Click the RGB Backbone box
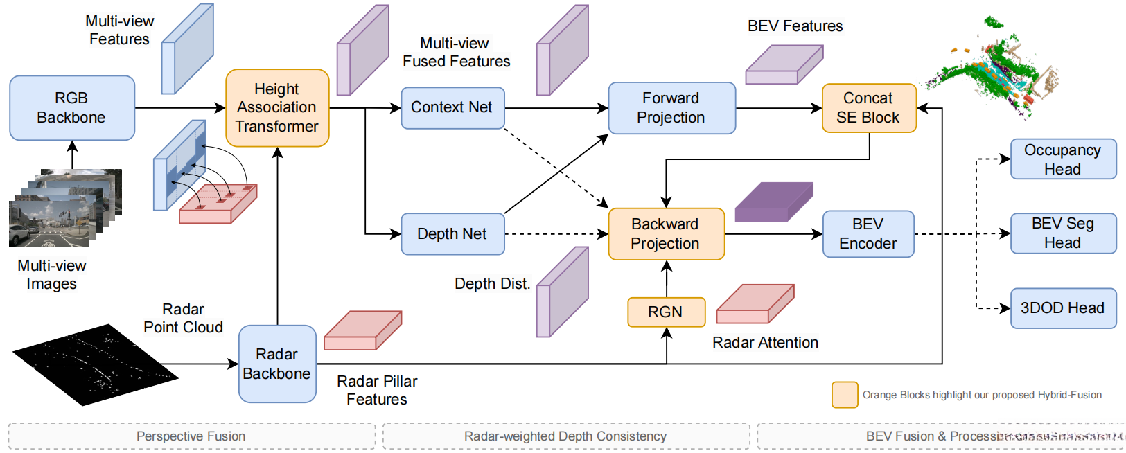tap(71, 108)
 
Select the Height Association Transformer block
tap(277, 108)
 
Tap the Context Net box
tap(452, 108)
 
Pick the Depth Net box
tap(452, 234)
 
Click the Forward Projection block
tap(671, 108)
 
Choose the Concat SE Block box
tap(869, 108)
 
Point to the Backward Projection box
tap(666, 234)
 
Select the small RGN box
tap(666, 312)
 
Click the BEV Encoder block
tap(868, 234)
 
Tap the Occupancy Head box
tap(1063, 159)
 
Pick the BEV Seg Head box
tap(1063, 233)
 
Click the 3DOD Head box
tap(1063, 308)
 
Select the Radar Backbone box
tap(277, 364)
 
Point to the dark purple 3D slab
tap(773, 202)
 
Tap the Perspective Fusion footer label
tap(191, 436)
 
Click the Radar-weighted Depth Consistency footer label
tap(565, 436)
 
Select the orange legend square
tap(845, 395)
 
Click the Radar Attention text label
tap(765, 343)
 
